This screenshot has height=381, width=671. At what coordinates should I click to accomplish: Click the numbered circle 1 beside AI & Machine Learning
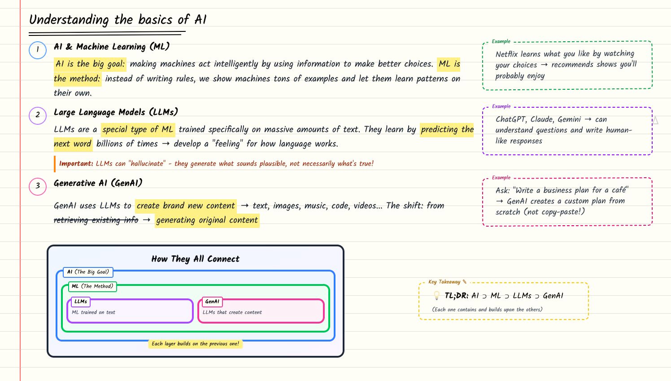coord(38,50)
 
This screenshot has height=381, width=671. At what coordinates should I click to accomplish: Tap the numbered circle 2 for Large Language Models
coord(38,115)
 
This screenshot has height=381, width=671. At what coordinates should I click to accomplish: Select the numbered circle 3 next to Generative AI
coord(38,186)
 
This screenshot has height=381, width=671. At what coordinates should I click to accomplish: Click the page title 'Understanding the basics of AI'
coord(118,20)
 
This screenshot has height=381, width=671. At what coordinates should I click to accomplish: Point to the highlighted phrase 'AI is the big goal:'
coord(90,64)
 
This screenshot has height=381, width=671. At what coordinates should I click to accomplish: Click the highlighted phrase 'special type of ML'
coord(137,130)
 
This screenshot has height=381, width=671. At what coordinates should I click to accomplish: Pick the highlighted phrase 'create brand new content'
coord(186,206)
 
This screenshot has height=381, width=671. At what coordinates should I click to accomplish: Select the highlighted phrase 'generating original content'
coord(207,220)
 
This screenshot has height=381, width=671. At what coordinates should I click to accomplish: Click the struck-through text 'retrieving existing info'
coord(96,220)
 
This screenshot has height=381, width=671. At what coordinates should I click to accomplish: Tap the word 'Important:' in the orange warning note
coord(76,164)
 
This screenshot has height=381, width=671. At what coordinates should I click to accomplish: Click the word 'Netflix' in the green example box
coord(506,54)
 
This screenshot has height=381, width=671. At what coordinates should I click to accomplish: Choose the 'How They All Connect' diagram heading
coord(195,259)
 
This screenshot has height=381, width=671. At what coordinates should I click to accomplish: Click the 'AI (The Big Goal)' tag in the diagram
coord(88,272)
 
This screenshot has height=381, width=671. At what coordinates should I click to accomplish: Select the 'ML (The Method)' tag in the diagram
coord(92,286)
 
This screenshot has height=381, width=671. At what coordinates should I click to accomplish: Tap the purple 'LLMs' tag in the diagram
coord(81,302)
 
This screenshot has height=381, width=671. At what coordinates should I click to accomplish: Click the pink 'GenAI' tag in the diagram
coord(212,302)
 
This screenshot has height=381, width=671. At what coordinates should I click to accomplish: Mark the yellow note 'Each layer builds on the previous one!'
coord(195,344)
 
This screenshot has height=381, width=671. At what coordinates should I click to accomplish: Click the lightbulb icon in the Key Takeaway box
coord(436,296)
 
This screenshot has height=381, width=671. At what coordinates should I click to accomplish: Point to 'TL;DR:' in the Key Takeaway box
coord(456,296)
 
